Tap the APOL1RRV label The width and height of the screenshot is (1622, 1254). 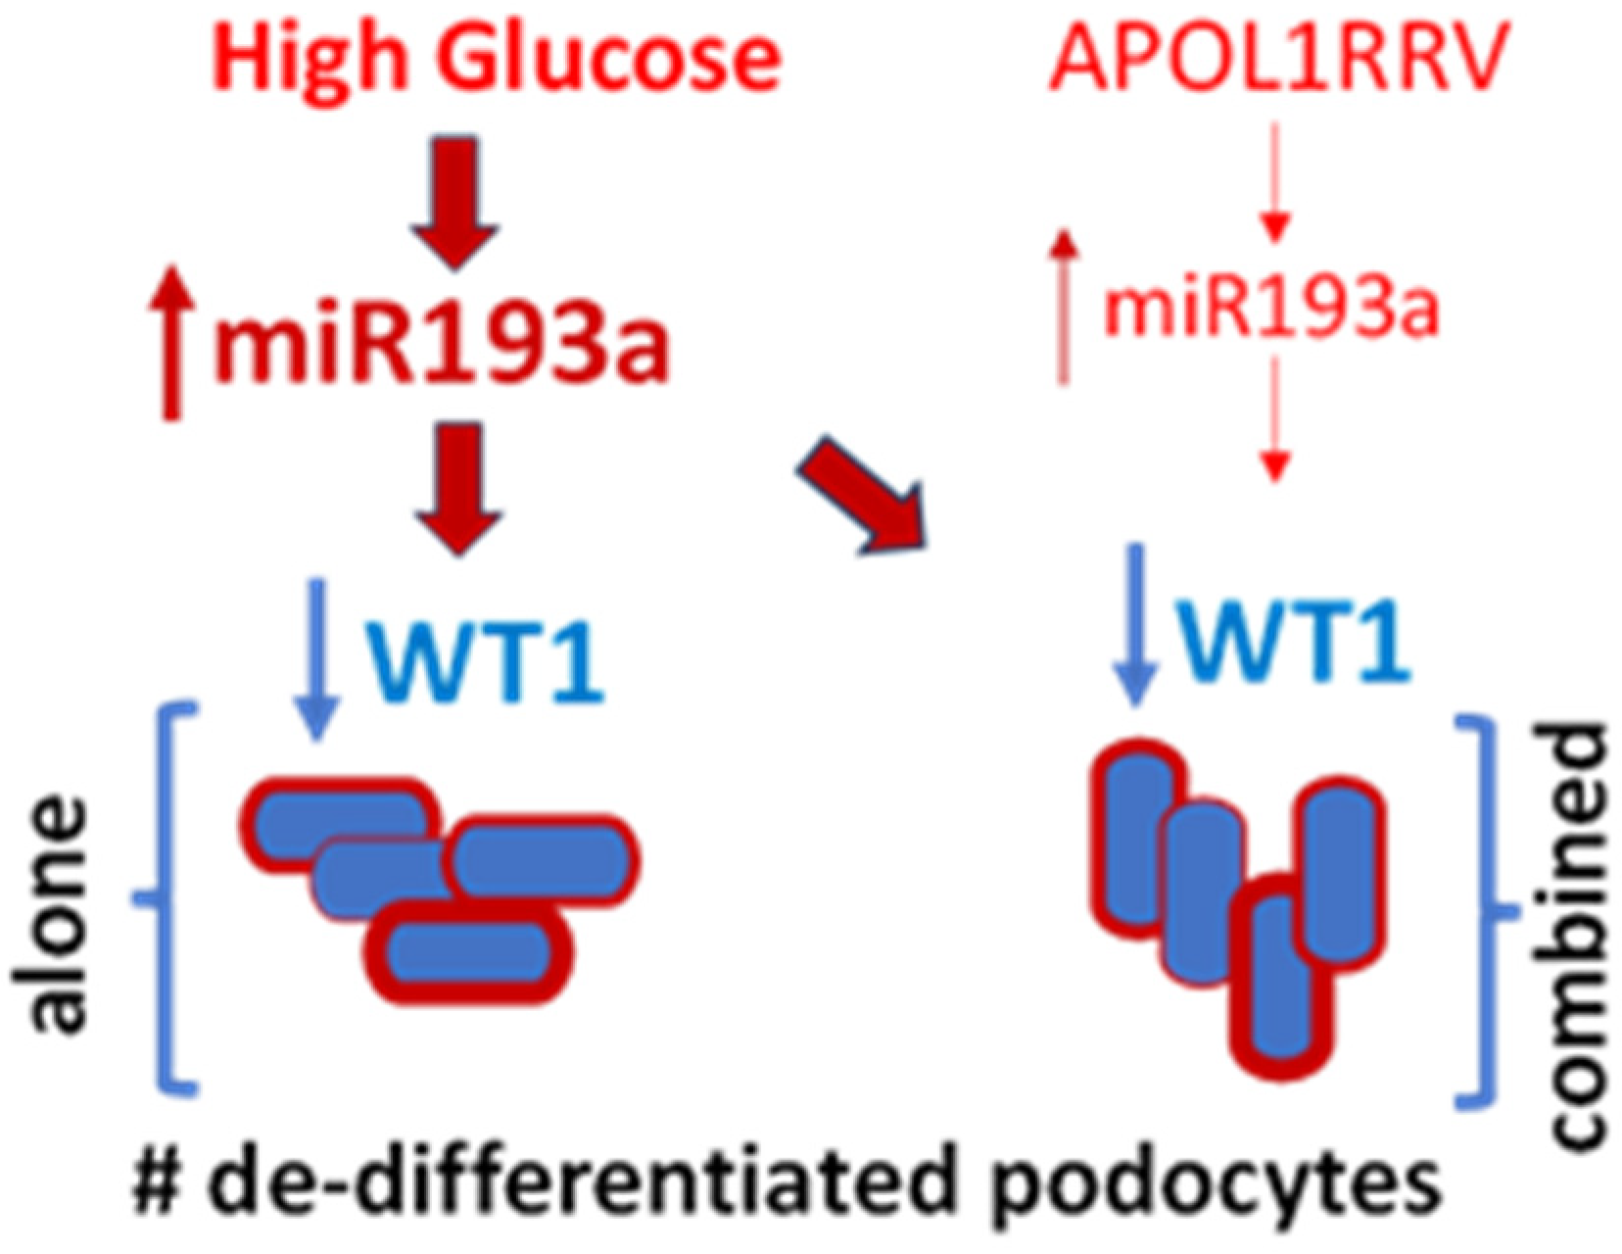click(x=1277, y=61)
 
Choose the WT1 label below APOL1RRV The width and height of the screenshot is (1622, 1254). click(x=1293, y=642)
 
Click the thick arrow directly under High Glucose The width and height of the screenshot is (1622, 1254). click(x=454, y=201)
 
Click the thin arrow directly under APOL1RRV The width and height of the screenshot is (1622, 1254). click(x=1273, y=181)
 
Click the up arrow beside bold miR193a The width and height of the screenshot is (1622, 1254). click(x=172, y=343)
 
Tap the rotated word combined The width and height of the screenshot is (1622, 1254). click(x=1579, y=936)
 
